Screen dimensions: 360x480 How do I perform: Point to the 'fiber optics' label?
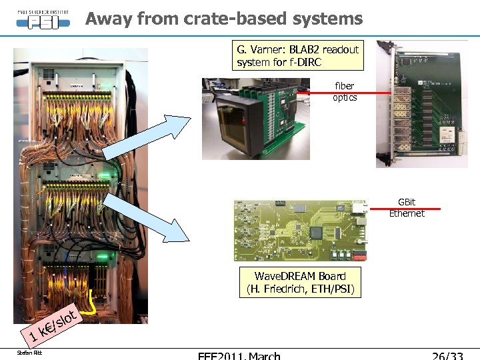pyautogui.click(x=345, y=92)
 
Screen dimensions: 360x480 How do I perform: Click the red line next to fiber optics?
pyautogui.click(x=381, y=94)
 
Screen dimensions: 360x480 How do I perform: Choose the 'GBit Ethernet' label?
pyautogui.click(x=407, y=207)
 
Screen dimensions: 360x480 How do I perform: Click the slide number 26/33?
pyautogui.click(x=447, y=356)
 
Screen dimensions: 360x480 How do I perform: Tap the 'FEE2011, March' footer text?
pyautogui.click(x=239, y=356)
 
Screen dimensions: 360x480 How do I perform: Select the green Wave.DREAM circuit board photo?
pyautogui.click(x=301, y=231)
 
